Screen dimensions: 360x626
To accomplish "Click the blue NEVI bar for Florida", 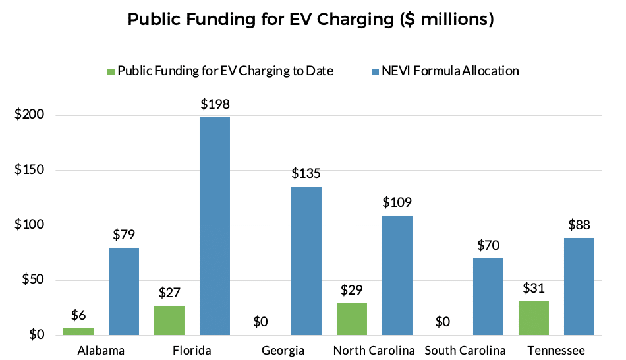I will click(x=215, y=226).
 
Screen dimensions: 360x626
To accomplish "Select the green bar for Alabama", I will click(x=78, y=331).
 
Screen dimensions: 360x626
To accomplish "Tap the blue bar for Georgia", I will click(x=306, y=261).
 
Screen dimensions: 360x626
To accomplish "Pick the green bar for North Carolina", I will click(x=352, y=319).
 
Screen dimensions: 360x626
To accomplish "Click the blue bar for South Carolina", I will click(x=489, y=297).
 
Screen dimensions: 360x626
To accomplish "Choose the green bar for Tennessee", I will click(x=534, y=318).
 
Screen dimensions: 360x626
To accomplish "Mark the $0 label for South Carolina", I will click(x=443, y=322).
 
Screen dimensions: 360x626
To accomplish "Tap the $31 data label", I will click(x=534, y=288).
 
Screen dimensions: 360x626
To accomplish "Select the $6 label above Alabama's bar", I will click(x=78, y=315).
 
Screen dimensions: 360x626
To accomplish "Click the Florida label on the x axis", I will click(x=192, y=349).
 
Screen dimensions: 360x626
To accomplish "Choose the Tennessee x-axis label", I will click(x=556, y=349).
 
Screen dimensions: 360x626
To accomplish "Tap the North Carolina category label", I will click(x=374, y=349).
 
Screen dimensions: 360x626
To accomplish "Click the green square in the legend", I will click(x=111, y=71).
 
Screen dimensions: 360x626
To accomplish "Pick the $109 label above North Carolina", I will click(x=397, y=202).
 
